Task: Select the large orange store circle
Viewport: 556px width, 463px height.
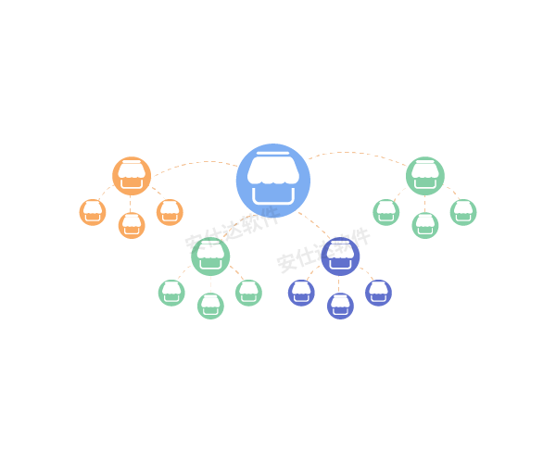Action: (x=132, y=175)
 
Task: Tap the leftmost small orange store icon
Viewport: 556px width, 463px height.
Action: (x=93, y=212)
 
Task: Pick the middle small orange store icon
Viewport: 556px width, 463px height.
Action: (x=132, y=225)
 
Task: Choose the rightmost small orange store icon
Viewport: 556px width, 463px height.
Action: (x=170, y=212)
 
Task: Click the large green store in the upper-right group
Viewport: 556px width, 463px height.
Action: (x=425, y=175)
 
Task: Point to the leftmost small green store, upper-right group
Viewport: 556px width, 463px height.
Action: (x=386, y=212)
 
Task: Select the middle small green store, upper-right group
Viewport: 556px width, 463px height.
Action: (x=425, y=225)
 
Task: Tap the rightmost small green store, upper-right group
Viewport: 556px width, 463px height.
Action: (x=463, y=212)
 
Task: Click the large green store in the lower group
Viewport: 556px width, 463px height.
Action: (x=210, y=257)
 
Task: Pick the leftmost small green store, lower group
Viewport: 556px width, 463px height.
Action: (x=171, y=293)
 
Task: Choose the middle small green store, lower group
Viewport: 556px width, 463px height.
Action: (x=210, y=306)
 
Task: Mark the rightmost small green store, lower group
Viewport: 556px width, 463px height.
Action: (x=248, y=293)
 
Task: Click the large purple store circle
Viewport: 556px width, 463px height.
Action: (x=340, y=257)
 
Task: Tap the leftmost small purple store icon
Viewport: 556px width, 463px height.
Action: (x=301, y=293)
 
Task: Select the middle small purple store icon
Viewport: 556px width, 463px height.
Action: (x=340, y=306)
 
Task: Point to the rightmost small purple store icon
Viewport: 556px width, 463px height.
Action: (x=378, y=293)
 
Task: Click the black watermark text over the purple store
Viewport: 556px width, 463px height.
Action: (x=323, y=249)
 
